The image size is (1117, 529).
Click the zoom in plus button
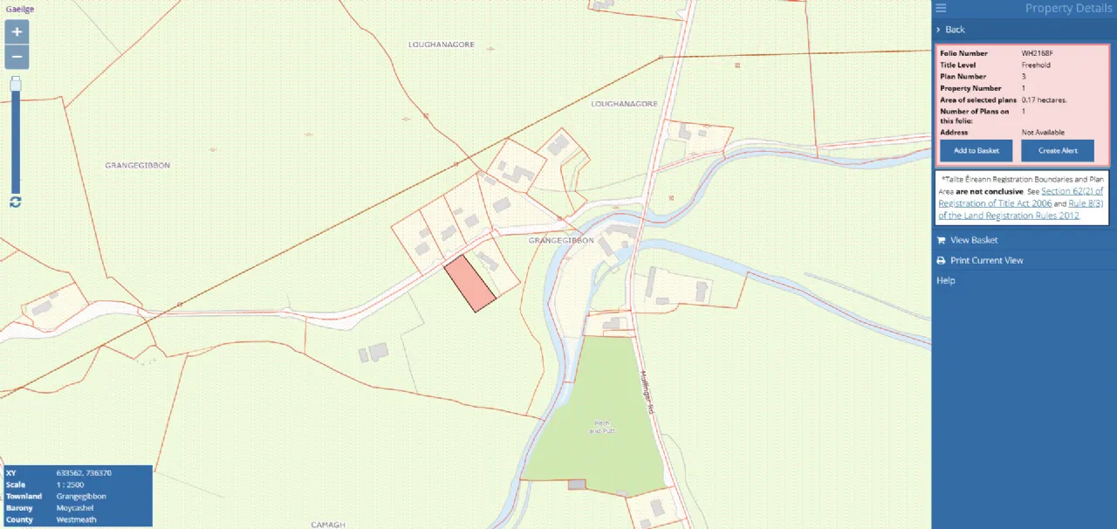(x=17, y=31)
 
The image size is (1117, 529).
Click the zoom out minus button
(x=17, y=57)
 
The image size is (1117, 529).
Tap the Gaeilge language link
(x=20, y=9)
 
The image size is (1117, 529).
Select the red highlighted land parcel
(x=469, y=284)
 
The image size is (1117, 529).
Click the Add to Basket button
(x=976, y=150)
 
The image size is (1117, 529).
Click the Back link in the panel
(x=955, y=30)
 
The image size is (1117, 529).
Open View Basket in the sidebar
(x=974, y=240)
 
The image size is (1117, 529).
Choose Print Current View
(x=986, y=260)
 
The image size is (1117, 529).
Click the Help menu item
(x=946, y=280)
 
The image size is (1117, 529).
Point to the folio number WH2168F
(x=1038, y=53)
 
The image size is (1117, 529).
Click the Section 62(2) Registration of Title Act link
(x=1072, y=190)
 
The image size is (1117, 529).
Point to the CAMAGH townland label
(x=328, y=524)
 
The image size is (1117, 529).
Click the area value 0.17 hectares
(x=1044, y=100)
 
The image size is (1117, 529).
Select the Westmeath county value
(x=77, y=519)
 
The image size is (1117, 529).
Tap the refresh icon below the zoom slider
(x=16, y=202)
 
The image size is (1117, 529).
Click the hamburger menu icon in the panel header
(x=941, y=9)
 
